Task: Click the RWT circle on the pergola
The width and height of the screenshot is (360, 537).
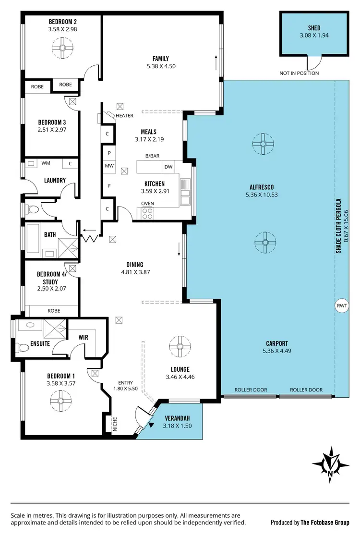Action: [x=341, y=305]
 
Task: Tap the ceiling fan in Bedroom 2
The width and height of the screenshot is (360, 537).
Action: [x=61, y=48]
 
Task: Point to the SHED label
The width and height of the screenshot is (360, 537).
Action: [x=314, y=28]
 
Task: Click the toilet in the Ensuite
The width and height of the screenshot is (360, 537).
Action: [x=22, y=347]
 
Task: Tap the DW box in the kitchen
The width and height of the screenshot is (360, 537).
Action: [x=168, y=167]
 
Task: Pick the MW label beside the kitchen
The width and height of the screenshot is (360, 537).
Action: [x=109, y=166]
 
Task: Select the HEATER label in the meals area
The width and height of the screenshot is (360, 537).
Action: [x=124, y=116]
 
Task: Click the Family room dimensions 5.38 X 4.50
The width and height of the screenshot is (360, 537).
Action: [x=160, y=66]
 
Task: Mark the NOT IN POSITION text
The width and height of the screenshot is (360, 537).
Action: [x=299, y=73]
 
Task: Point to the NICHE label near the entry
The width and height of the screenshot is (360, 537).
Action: [x=115, y=424]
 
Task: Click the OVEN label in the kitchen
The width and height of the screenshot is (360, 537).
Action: [x=147, y=203]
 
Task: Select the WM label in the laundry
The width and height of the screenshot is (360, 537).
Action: [x=46, y=163]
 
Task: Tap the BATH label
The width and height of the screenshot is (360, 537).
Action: [x=50, y=234]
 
